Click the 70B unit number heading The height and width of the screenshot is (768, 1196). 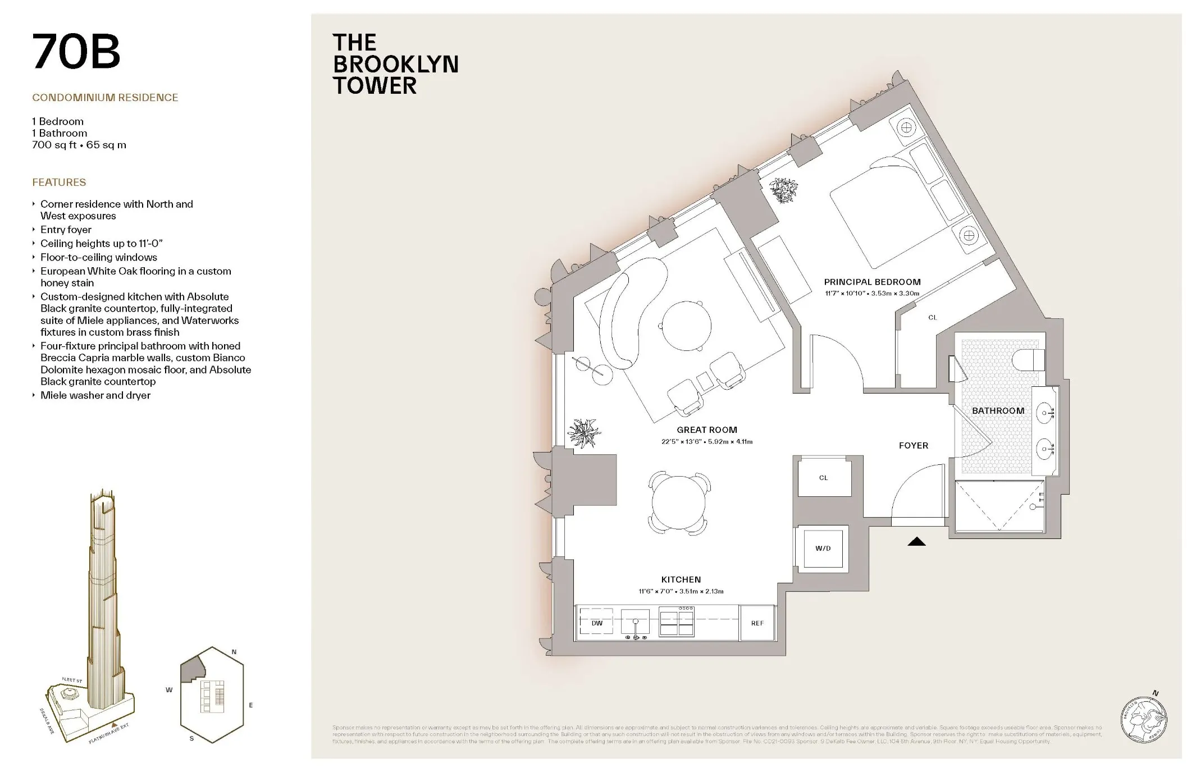[76, 52]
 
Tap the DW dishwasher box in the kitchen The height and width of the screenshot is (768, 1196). [596, 623]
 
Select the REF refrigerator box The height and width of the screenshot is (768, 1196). [757, 623]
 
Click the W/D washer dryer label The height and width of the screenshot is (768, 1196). [823, 548]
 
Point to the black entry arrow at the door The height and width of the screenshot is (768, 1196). [916, 541]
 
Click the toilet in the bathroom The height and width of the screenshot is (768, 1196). [1031, 359]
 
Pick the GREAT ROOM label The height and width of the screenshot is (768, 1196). [706, 429]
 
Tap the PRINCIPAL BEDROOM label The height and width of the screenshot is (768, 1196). [872, 282]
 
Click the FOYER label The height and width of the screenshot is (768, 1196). [913, 445]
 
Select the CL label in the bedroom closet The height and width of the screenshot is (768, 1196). [932, 317]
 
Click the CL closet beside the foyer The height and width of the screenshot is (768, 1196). [823, 478]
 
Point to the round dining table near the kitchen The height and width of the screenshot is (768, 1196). [678, 502]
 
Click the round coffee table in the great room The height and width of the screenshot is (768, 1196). [686, 326]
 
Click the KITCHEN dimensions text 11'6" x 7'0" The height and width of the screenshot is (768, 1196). [681, 591]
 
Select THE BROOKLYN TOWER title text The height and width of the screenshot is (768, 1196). [395, 64]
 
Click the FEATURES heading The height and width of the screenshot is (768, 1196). [59, 182]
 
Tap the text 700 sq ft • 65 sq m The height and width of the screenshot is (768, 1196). [79, 145]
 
